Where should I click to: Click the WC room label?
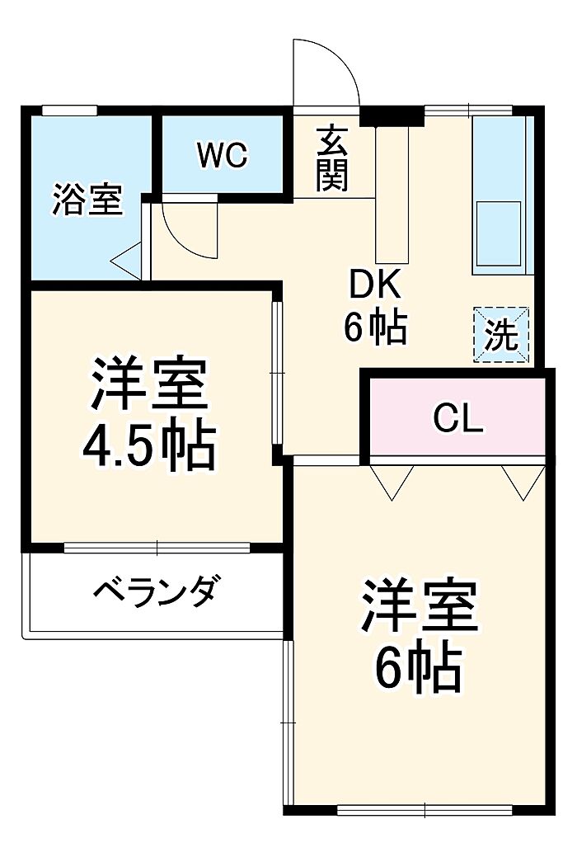point(223,155)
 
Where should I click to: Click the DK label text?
point(375,285)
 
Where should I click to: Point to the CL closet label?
point(457,419)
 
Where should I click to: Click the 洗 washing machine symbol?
point(500,334)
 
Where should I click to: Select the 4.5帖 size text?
point(149,445)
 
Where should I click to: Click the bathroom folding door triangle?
point(128,261)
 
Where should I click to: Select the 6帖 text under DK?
point(375,328)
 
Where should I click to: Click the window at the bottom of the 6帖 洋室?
point(424,809)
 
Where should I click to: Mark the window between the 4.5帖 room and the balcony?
point(157,547)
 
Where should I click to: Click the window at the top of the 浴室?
point(69,109)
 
